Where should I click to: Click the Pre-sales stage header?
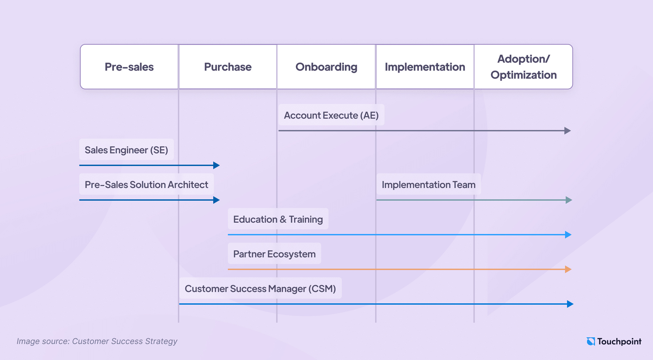tap(129, 67)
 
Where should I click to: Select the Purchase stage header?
tap(228, 67)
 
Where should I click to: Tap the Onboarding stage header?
tap(326, 67)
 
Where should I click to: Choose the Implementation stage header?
tap(425, 67)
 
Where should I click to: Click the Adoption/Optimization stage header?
tap(523, 67)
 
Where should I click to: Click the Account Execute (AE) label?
tap(331, 115)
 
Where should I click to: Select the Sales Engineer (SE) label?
tap(126, 150)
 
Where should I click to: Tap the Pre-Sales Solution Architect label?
tap(146, 185)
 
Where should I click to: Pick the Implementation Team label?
tap(428, 185)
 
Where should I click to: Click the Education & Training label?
tap(278, 219)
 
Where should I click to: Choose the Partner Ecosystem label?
tap(274, 254)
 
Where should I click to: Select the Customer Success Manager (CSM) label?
tap(260, 289)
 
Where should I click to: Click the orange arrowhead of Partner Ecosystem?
tap(568, 269)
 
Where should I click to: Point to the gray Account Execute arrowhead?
tap(567, 131)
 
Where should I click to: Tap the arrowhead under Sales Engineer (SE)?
tap(216, 165)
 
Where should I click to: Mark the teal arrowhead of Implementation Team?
tap(569, 200)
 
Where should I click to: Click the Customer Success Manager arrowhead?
tap(570, 304)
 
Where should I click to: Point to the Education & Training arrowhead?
tap(568, 235)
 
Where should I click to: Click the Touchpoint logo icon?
tap(591, 341)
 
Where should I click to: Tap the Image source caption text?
tap(97, 341)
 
